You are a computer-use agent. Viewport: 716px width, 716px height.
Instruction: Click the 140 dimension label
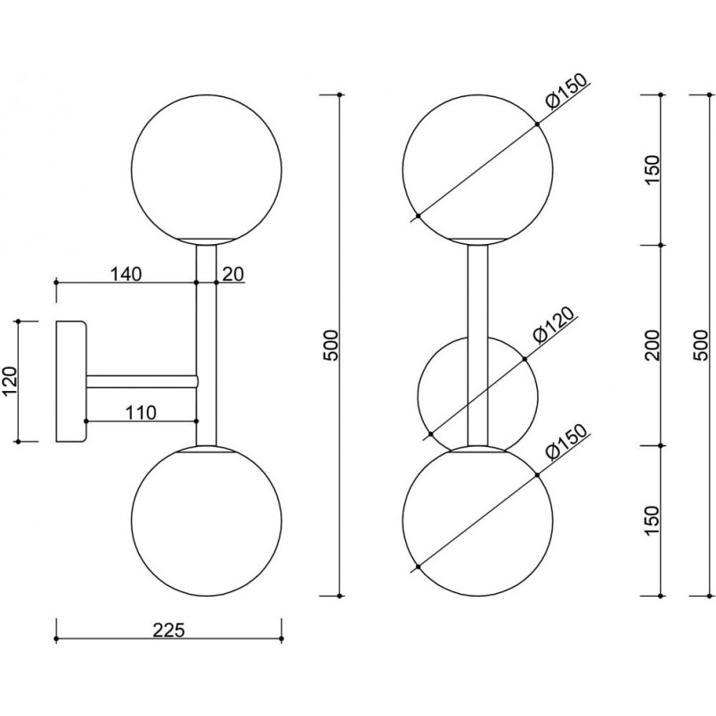126,274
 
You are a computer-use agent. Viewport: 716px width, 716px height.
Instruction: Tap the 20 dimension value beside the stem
233,274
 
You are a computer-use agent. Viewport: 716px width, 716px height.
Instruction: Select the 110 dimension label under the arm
141,413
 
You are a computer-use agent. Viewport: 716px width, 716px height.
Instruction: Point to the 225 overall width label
168,631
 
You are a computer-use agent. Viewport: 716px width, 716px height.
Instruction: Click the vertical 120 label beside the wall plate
10,381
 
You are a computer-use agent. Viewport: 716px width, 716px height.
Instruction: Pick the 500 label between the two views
332,345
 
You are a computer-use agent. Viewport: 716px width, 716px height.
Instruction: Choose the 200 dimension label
654,345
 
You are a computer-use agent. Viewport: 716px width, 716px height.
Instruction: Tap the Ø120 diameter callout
553,325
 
